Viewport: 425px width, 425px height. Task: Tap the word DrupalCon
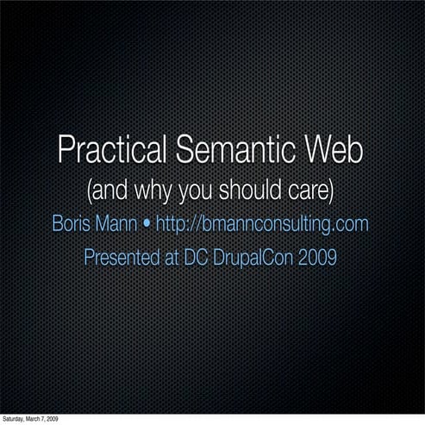click(x=248, y=258)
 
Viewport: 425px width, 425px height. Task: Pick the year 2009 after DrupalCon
click(x=316, y=258)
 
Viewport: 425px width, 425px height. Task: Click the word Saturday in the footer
click(x=15, y=419)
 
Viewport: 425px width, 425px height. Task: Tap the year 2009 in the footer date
click(x=53, y=419)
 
